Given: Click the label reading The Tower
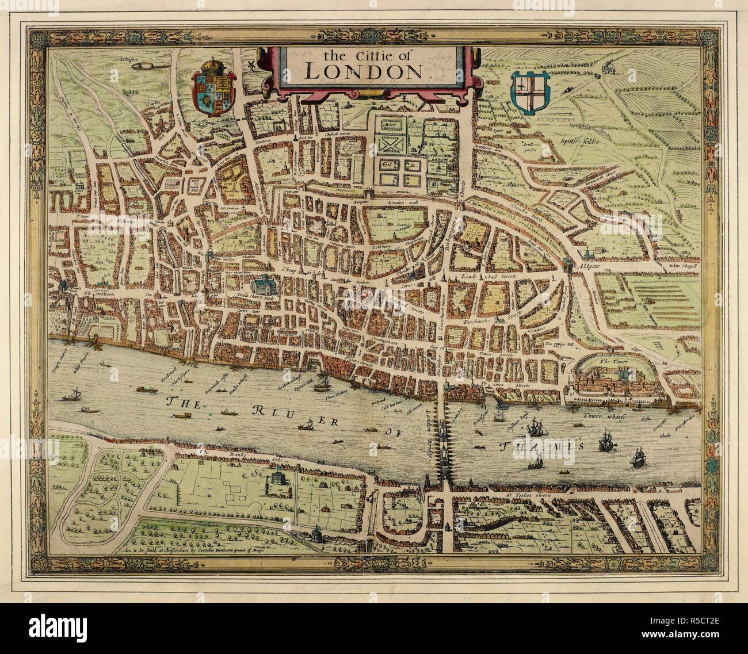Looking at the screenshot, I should pos(612,362).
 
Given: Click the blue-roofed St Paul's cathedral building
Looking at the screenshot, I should pos(264,285).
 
